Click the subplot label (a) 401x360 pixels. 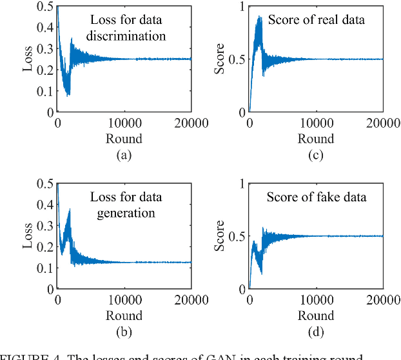pyautogui.click(x=124, y=155)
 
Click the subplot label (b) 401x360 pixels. pyautogui.click(x=124, y=332)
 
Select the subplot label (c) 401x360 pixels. pyautogui.click(x=315, y=155)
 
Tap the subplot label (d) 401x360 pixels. pyautogui.click(x=315, y=332)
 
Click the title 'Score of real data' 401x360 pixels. pyautogui.click(x=317, y=20)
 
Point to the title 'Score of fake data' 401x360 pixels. pyautogui.click(x=317, y=197)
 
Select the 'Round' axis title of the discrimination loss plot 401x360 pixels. pyautogui.click(x=124, y=139)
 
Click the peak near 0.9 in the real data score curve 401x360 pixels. pyautogui.click(x=259, y=17)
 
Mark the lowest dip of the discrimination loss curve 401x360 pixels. pyautogui.click(x=68, y=95)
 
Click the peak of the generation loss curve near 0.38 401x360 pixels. pyautogui.click(x=69, y=209)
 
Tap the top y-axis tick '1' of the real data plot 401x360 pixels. pyautogui.click(x=240, y=6)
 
